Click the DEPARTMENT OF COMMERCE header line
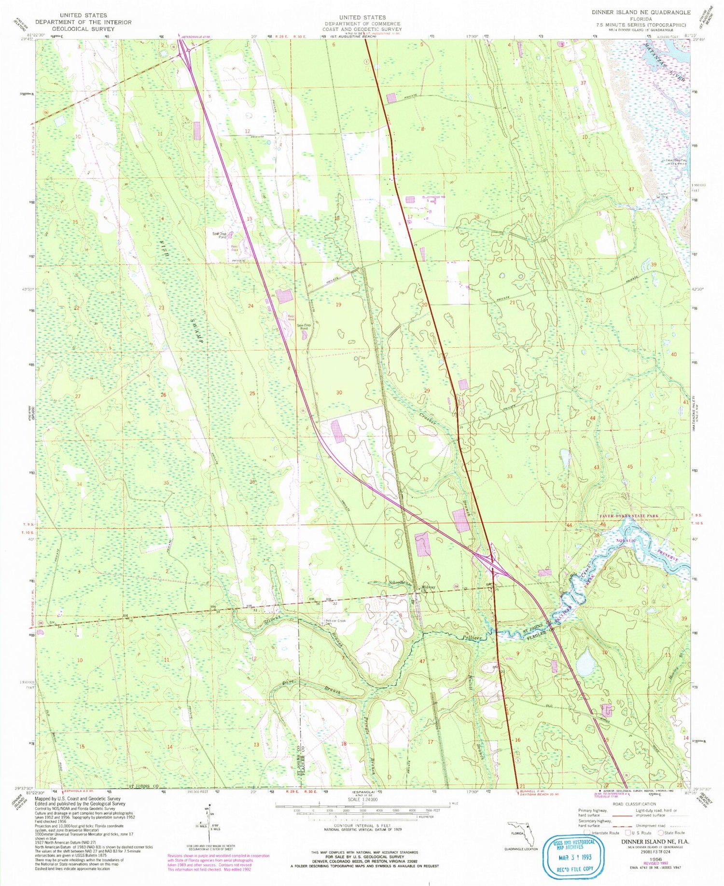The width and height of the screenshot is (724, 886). point(362,24)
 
